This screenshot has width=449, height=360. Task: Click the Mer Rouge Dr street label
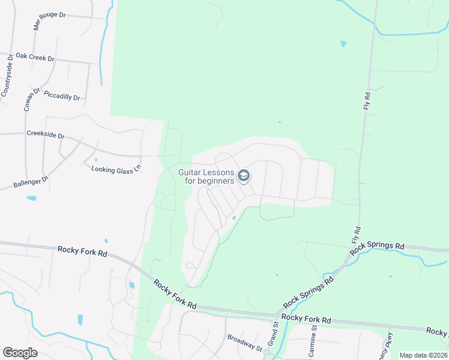click(49, 20)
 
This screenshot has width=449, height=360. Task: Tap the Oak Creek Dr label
click(35, 57)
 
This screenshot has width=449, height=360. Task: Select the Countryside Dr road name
click(7, 77)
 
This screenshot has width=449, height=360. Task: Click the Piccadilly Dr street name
click(62, 96)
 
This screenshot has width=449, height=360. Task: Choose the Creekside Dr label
click(45, 135)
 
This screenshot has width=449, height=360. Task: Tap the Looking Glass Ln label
click(115, 169)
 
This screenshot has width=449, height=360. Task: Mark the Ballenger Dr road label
click(31, 179)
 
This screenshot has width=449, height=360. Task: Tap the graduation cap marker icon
click(243, 176)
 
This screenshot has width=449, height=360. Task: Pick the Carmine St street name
click(313, 340)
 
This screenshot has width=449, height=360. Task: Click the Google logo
click(20, 352)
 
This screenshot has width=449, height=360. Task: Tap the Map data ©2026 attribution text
click(423, 355)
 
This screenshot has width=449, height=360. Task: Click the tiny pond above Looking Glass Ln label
click(96, 160)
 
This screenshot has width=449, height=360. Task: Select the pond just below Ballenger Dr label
click(31, 197)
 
